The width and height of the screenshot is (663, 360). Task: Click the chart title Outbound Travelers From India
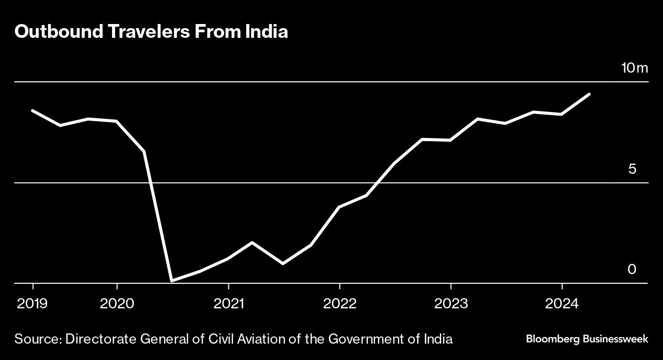click(x=151, y=32)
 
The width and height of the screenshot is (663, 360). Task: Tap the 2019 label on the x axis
click(x=32, y=304)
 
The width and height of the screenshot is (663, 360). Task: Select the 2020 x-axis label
click(x=117, y=304)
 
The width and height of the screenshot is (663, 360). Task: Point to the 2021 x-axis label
click(x=228, y=304)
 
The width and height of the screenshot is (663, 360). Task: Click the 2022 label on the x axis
click(x=340, y=304)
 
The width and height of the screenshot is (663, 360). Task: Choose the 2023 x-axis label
click(x=451, y=304)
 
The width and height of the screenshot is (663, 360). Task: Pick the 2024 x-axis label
click(x=562, y=304)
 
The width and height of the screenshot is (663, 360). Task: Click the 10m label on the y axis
click(x=634, y=68)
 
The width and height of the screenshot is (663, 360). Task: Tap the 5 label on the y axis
click(x=632, y=169)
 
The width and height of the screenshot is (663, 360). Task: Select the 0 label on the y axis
click(x=632, y=269)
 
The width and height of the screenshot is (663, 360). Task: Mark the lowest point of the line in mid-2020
click(x=172, y=281)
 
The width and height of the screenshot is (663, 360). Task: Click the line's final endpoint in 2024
click(x=589, y=94)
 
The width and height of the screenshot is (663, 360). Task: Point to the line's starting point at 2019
click(x=32, y=110)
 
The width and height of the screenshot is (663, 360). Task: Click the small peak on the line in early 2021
click(x=252, y=242)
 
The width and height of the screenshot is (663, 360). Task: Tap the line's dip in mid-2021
click(x=282, y=264)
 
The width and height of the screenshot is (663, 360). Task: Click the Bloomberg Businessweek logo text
click(x=587, y=339)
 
